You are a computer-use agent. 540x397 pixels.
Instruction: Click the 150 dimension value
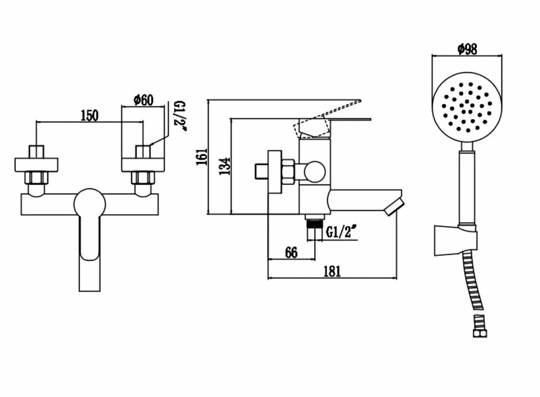[x=90, y=115]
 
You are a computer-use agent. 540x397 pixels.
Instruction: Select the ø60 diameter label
[x=143, y=100]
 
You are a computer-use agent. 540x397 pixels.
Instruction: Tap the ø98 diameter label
[x=467, y=49]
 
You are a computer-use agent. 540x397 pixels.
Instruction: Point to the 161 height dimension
[x=201, y=156]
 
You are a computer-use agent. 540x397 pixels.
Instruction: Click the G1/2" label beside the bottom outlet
[x=342, y=233]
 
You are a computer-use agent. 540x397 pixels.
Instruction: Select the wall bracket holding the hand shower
[x=456, y=239]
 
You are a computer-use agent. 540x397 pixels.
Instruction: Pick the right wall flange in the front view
[x=143, y=164]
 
